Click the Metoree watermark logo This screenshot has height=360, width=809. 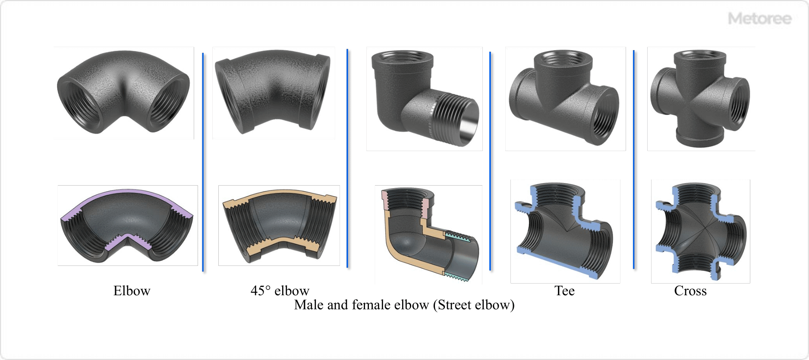(x=759, y=19)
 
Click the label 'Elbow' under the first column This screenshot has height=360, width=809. (x=132, y=291)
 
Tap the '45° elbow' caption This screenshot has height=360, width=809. (x=280, y=291)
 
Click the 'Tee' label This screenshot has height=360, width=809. (x=564, y=291)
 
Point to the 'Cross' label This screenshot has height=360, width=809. (x=690, y=291)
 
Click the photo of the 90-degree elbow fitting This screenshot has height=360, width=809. (x=124, y=93)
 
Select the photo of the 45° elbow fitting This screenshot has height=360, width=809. (x=273, y=92)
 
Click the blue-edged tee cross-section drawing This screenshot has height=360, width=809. (x=565, y=231)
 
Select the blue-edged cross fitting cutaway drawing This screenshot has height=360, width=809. (x=700, y=231)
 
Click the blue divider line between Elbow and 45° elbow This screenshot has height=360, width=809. (x=203, y=162)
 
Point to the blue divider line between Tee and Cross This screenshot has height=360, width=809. (x=634, y=160)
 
